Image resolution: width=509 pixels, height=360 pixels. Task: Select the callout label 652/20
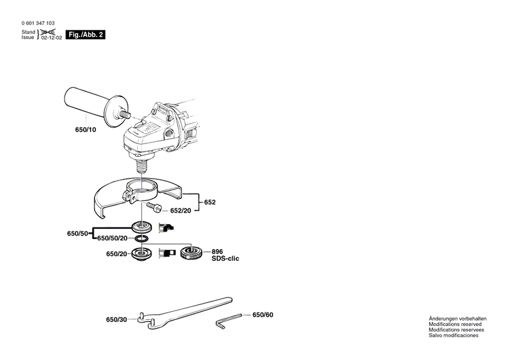pyautogui.click(x=180, y=211)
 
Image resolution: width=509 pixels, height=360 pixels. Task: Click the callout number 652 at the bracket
pyautogui.click(x=211, y=202)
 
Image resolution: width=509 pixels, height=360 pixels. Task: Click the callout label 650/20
pyautogui.click(x=116, y=253)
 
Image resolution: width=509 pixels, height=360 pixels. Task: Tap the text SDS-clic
pyautogui.click(x=225, y=259)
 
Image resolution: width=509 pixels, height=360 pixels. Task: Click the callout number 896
pyautogui.click(x=216, y=251)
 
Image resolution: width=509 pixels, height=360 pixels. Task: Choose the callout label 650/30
pyautogui.click(x=116, y=319)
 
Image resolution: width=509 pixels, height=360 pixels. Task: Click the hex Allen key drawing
pyautogui.click(x=229, y=318)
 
